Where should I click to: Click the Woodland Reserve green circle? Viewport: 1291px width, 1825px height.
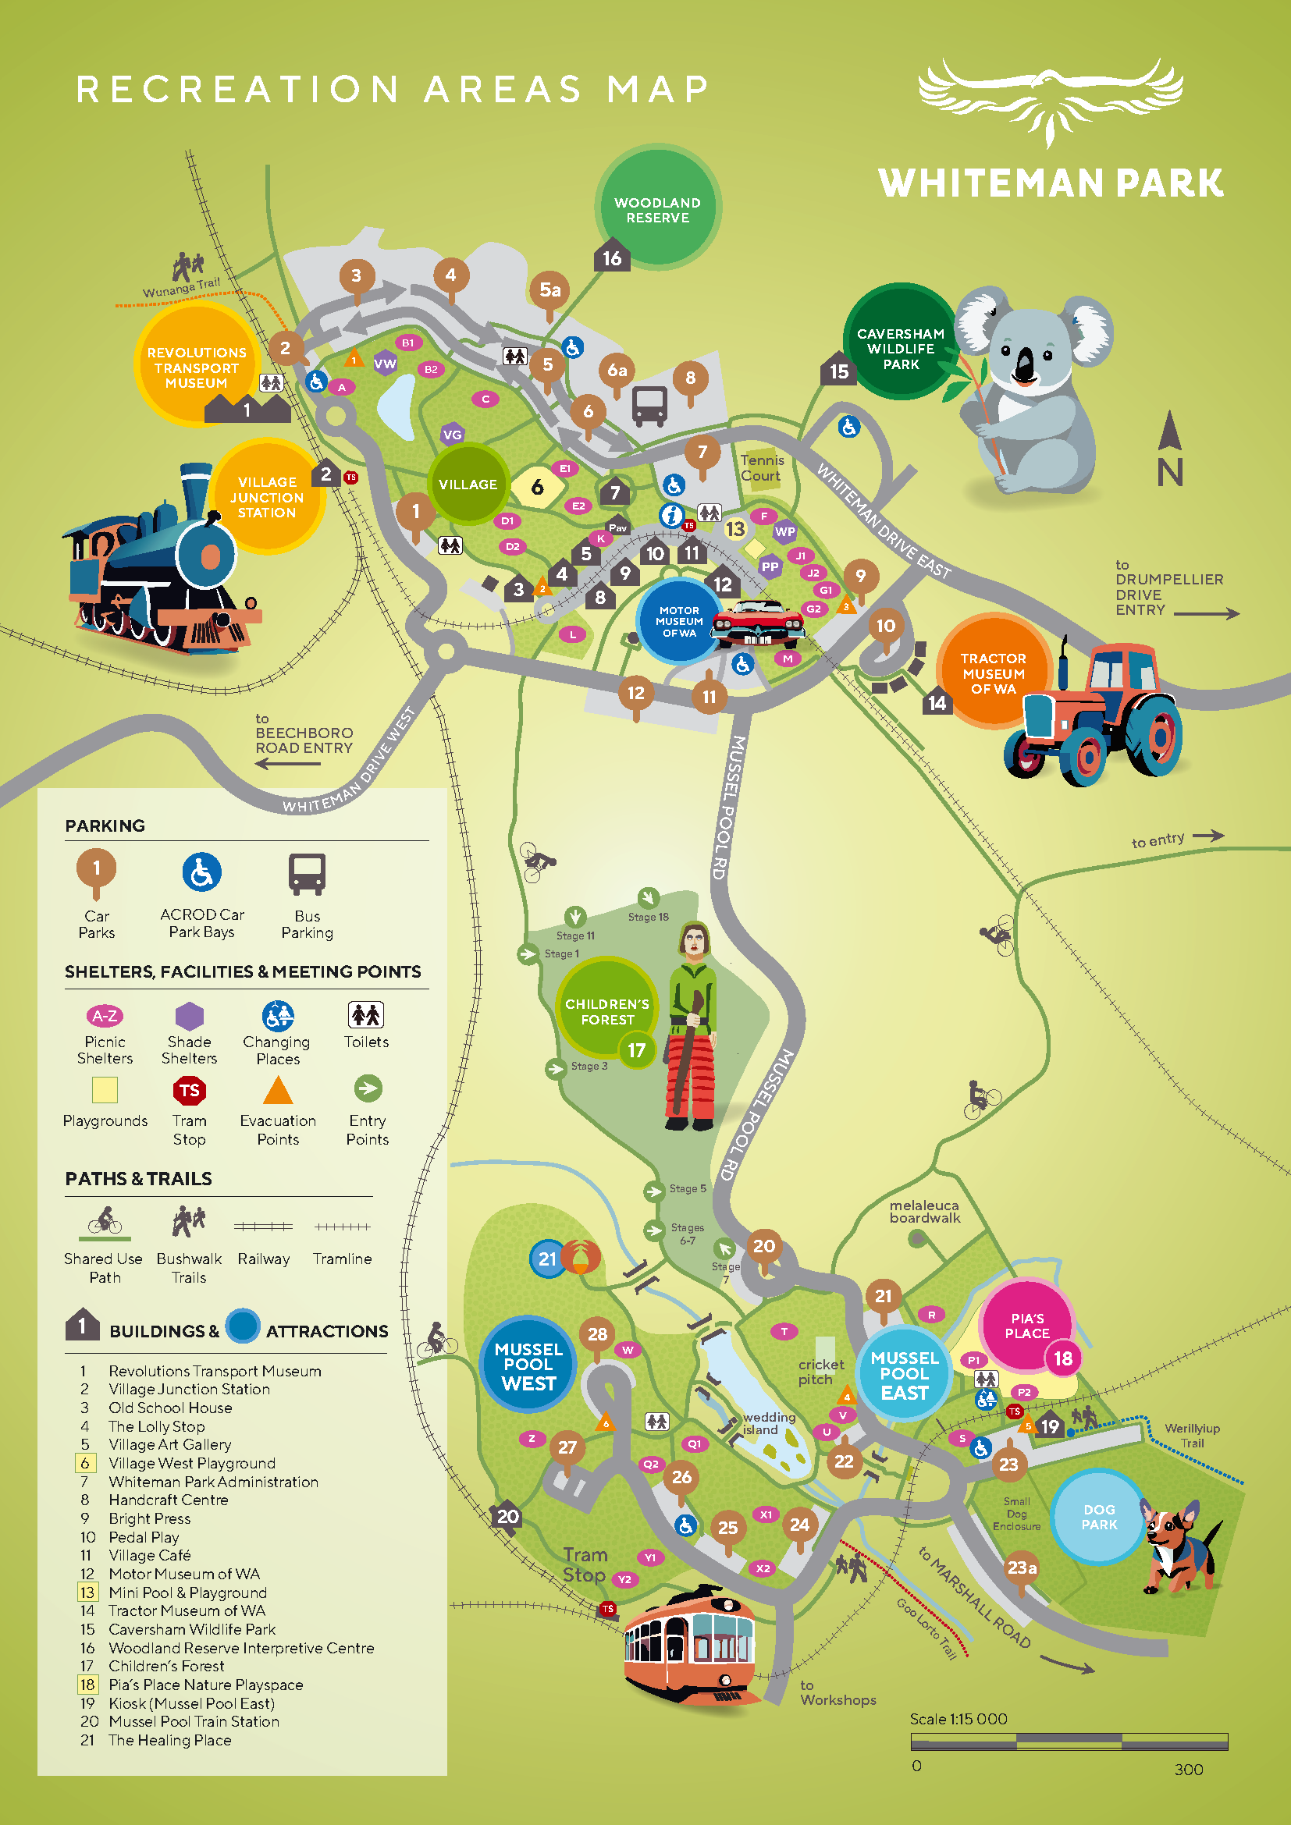tap(657, 208)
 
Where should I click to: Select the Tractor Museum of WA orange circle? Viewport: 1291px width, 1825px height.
tap(993, 673)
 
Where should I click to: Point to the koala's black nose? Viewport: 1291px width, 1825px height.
tap(1026, 367)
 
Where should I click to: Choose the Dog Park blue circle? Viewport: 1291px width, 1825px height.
tap(1099, 1517)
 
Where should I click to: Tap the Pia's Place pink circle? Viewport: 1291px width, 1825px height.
tap(1026, 1326)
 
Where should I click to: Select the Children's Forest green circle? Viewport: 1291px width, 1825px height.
tap(607, 1011)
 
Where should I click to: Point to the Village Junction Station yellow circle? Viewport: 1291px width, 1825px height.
tap(267, 497)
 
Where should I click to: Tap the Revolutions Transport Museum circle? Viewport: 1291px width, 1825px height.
tap(197, 367)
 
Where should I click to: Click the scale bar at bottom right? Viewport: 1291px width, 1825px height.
tap(1069, 1742)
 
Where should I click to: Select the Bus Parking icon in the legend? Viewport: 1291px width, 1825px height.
tap(307, 874)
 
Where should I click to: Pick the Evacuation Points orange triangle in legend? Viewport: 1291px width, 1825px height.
tap(277, 1090)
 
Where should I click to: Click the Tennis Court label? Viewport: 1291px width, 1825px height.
tap(762, 467)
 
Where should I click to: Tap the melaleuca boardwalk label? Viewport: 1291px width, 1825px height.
tap(924, 1212)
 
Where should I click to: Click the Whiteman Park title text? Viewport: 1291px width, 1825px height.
tap(1050, 183)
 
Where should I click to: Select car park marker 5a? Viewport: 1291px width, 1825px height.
tap(550, 291)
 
